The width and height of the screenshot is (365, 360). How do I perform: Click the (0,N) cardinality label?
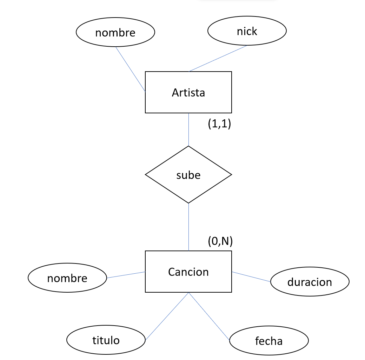click(220, 241)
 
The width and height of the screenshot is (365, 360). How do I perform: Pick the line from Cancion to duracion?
click(251, 276)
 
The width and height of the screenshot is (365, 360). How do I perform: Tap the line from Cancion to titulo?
click(167, 316)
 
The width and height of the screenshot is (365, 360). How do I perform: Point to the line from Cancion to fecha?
click(209, 316)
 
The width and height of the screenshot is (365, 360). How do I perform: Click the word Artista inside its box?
click(188, 93)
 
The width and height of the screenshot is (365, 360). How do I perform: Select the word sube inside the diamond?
click(188, 175)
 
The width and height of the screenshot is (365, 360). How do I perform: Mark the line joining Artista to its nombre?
click(131, 69)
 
